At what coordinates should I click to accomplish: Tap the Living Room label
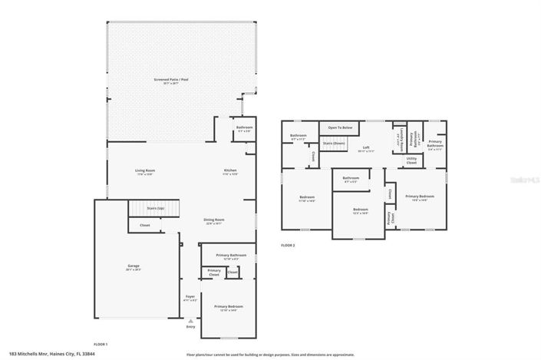tap(146, 173)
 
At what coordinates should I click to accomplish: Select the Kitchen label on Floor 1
tap(229, 173)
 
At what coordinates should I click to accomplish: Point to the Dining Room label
tap(214, 221)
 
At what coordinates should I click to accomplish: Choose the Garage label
tap(134, 268)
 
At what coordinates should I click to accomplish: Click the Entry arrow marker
tap(190, 322)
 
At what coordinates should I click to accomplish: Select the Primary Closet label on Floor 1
tap(214, 271)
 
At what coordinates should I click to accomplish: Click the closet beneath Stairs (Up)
tap(145, 226)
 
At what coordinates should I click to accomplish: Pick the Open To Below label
tap(341, 127)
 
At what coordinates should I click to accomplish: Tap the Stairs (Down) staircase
tap(334, 144)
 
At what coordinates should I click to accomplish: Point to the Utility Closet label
tap(411, 161)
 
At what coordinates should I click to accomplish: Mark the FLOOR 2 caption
tap(288, 245)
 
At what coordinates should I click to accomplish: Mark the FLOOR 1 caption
tap(101, 344)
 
